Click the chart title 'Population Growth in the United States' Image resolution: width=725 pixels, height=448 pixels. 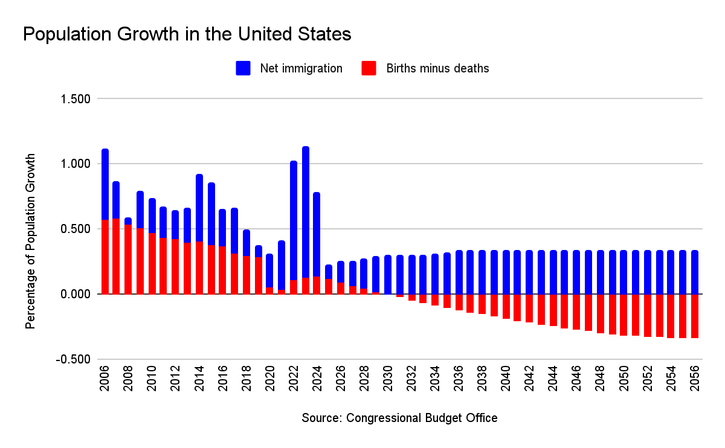pos(187,35)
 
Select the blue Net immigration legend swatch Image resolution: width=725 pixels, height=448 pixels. pos(243,68)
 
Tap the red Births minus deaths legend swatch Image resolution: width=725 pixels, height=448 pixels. pos(369,68)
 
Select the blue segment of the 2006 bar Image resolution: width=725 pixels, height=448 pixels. pos(105,184)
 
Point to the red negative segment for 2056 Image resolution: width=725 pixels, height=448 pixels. pos(695,316)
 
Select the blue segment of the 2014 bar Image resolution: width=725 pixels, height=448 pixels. pos(199,208)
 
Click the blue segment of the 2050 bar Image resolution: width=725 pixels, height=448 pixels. pos(623,272)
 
